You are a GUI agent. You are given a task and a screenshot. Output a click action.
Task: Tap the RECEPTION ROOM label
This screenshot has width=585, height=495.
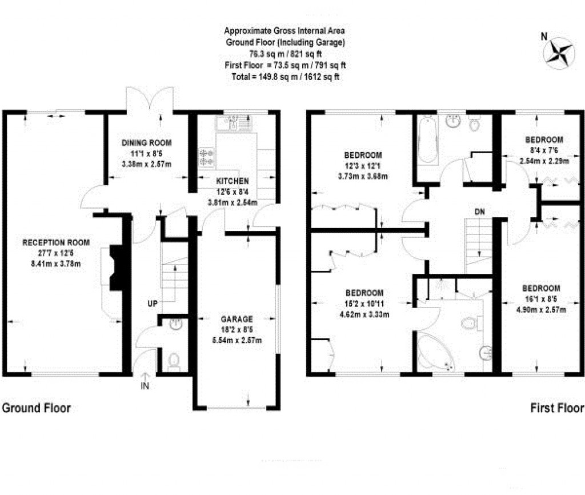tap(56, 243)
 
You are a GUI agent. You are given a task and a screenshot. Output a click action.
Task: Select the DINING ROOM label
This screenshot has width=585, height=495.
tap(147, 143)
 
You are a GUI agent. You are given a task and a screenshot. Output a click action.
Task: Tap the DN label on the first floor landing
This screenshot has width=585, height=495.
tap(480, 211)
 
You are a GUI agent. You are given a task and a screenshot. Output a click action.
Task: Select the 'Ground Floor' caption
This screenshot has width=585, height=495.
tap(37, 408)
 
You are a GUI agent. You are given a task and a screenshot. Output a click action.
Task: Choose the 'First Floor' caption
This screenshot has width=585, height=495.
tap(557, 408)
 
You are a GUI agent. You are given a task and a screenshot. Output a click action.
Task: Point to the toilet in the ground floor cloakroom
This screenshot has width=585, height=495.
tap(174, 361)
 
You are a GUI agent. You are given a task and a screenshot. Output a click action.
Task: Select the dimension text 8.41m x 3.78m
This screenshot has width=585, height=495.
tap(56, 264)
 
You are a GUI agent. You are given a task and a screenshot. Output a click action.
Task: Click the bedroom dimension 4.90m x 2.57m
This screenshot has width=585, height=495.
tap(539, 310)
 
